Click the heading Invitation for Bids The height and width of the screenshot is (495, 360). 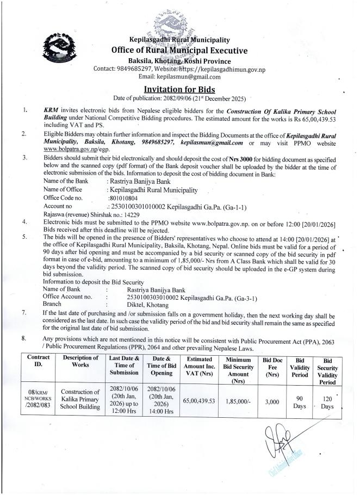coord(179,89)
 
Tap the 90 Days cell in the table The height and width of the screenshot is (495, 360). coord(300,401)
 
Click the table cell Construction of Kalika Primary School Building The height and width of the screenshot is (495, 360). coord(80,401)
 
